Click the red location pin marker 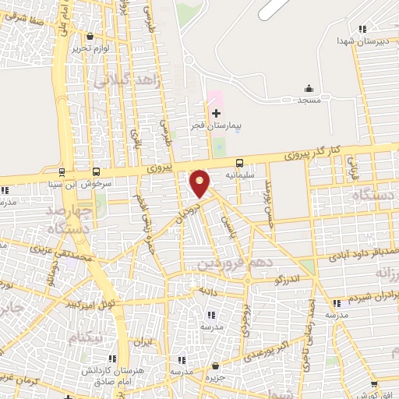(x=200, y=183)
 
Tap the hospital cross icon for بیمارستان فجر (x=216, y=114)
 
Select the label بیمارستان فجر (x=216, y=125)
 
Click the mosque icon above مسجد (x=309, y=88)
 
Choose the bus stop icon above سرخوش (x=96, y=171)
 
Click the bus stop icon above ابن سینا (x=62, y=171)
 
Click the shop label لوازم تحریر (x=88, y=48)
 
